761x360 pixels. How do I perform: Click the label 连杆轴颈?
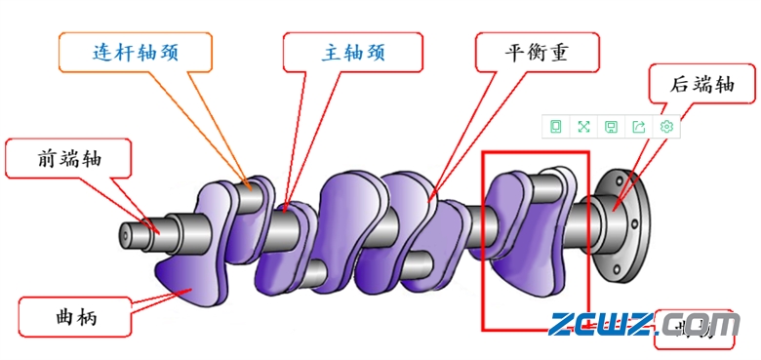coord(136,52)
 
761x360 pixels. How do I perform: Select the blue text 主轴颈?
coord(353,52)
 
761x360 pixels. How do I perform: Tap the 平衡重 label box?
coord(537,52)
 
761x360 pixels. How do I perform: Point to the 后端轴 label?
coord(701,84)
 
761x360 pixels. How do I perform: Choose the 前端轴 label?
coord(68,157)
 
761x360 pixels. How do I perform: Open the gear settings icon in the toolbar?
coord(666,127)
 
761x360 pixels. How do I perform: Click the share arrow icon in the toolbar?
coord(639,127)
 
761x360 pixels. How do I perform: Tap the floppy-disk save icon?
coord(611,127)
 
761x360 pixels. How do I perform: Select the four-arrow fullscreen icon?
coord(583,127)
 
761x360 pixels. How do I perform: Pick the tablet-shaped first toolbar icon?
coord(555,127)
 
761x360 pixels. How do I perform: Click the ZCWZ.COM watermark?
coord(644,323)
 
